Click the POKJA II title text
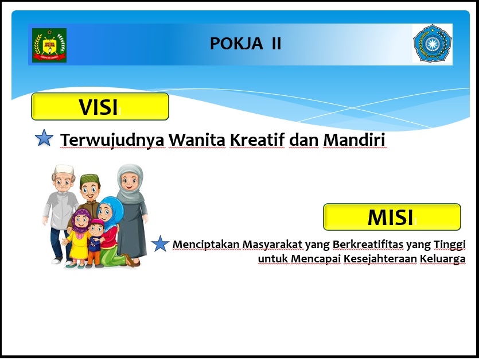[x=246, y=44]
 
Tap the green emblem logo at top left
[x=49, y=45]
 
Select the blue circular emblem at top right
[x=433, y=44]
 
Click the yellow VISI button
[x=100, y=106]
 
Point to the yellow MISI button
[x=392, y=217]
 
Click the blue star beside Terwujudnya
[x=44, y=138]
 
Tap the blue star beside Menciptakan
[x=160, y=244]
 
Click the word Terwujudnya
[x=113, y=140]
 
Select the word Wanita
[x=197, y=140]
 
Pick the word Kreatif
[x=257, y=140]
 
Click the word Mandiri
[x=354, y=140]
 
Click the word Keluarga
[x=443, y=259]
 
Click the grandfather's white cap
[x=64, y=170]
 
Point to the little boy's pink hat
[x=97, y=222]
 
